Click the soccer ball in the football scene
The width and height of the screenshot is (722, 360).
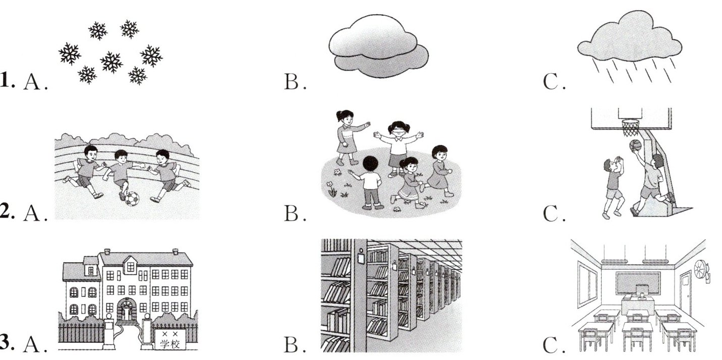tap(132, 198)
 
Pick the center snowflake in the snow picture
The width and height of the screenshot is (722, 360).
tap(111, 62)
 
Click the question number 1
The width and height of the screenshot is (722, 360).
tap(7, 81)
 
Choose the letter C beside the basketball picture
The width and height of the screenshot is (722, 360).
tap(552, 214)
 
